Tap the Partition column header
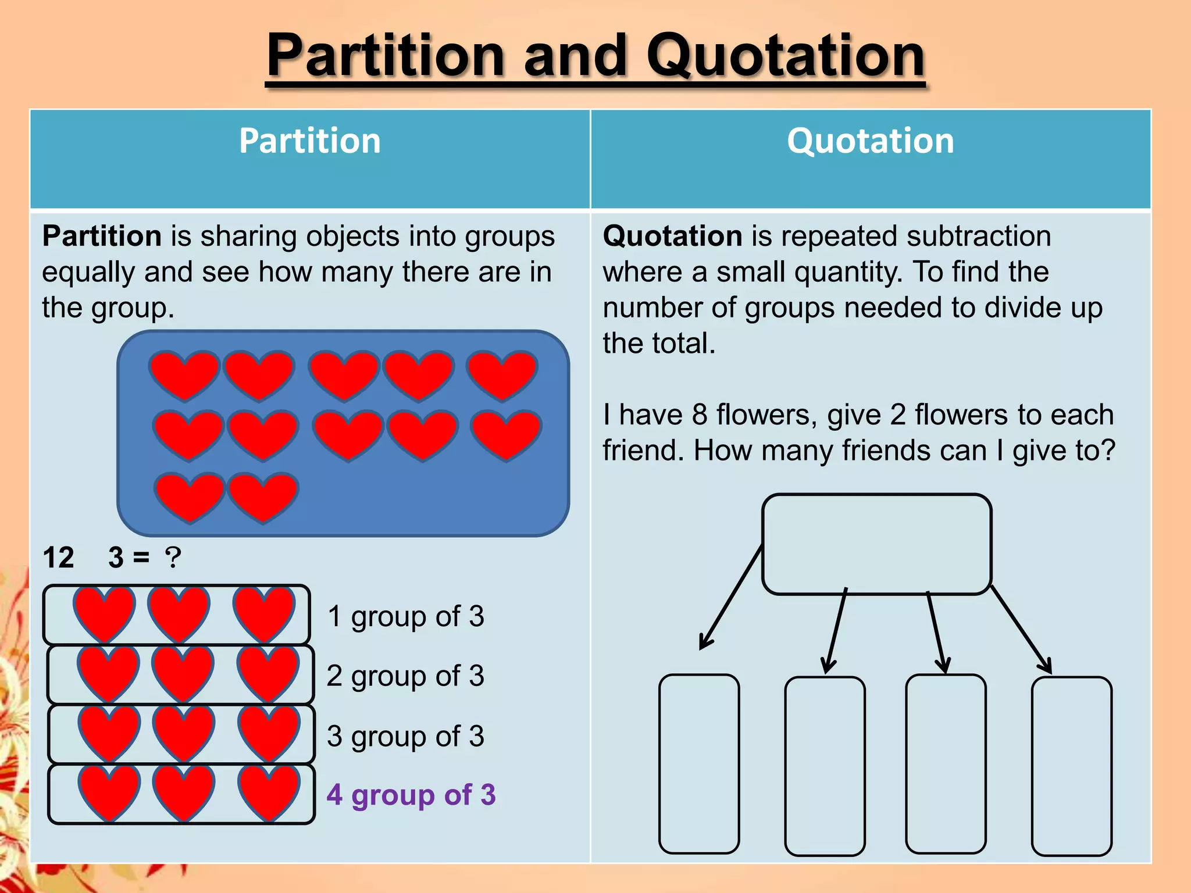tap(310, 141)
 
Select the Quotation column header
tap(871, 141)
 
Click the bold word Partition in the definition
tap(102, 236)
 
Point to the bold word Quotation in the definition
tap(672, 236)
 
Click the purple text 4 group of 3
tap(411, 794)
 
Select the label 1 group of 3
tap(405, 616)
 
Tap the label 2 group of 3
tap(405, 676)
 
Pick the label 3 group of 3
tap(405, 736)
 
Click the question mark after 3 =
tap(173, 558)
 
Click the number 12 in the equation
tap(58, 558)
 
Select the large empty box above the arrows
tap(876, 544)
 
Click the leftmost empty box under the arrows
tap(699, 763)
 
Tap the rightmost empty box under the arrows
tap(1071, 766)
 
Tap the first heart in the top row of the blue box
tap(184, 374)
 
